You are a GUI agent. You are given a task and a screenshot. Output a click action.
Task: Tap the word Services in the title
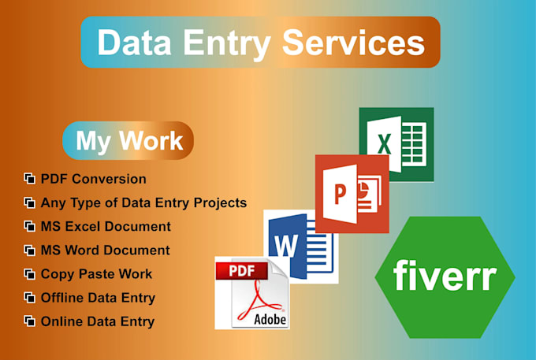pyautogui.click(x=348, y=43)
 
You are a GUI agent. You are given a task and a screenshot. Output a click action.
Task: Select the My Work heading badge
pyautogui.click(x=128, y=141)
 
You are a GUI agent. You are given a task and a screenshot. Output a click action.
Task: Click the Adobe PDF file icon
pyautogui.click(x=252, y=292)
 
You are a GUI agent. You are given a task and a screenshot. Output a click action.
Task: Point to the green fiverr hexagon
pyautogui.click(x=445, y=276)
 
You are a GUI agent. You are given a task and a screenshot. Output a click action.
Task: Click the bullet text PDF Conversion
pyautogui.click(x=93, y=179)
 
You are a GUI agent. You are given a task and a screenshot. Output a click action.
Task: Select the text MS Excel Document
pyautogui.click(x=106, y=226)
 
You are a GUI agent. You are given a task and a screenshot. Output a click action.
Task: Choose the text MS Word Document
pyautogui.click(x=105, y=251)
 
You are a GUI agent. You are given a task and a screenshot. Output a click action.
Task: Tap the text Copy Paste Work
pyautogui.click(x=96, y=274)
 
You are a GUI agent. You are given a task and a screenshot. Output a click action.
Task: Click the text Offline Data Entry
pyautogui.click(x=98, y=298)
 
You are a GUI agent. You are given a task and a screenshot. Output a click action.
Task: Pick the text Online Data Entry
pyautogui.click(x=97, y=321)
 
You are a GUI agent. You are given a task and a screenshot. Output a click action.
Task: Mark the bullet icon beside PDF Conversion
pyautogui.click(x=30, y=179)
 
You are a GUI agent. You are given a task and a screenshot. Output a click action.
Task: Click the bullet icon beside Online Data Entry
pyautogui.click(x=30, y=321)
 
